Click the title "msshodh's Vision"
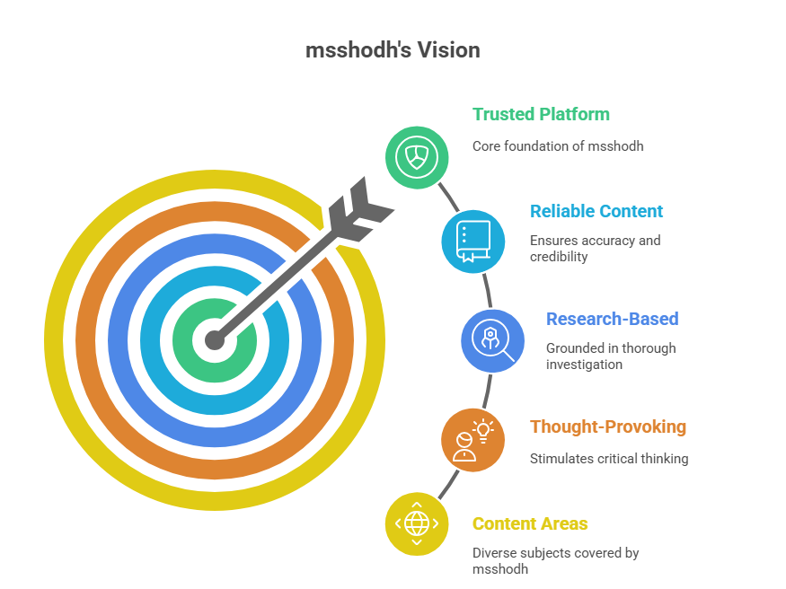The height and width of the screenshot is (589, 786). point(393,50)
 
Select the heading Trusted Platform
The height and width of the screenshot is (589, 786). point(541,114)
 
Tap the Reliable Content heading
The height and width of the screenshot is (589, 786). point(596,211)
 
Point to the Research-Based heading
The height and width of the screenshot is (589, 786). point(612,319)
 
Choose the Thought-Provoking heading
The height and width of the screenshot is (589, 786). point(608,426)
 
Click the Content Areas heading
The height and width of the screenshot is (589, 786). point(530,523)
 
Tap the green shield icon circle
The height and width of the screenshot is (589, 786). point(417,157)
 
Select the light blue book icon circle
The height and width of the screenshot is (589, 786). point(473,242)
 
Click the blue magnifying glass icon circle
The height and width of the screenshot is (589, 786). point(493,341)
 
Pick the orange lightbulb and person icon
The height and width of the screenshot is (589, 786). point(473,440)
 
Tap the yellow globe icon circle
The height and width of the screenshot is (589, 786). point(417,523)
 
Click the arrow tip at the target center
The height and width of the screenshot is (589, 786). point(215,340)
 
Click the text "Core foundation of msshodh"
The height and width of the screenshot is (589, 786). point(558,146)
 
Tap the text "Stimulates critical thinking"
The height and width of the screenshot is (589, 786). point(609,459)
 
